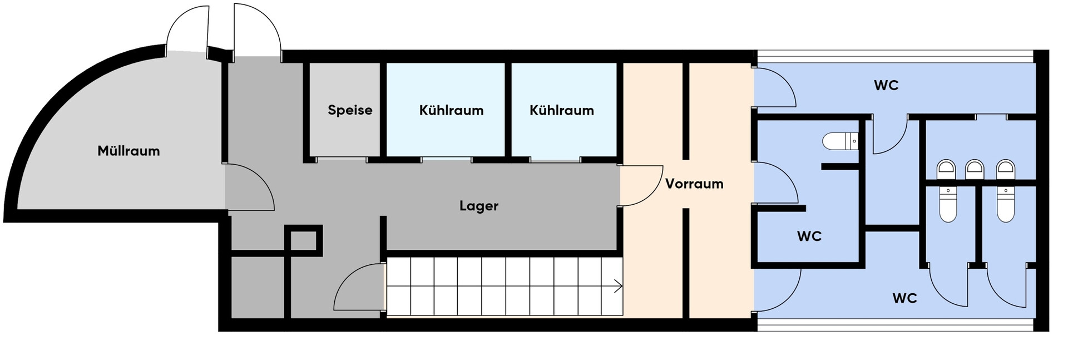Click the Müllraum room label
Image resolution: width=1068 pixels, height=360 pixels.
[128, 151]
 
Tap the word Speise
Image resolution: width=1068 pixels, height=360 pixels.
[350, 110]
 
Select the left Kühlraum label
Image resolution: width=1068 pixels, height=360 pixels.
[451, 110]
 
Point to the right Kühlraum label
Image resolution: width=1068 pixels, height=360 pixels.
[561, 110]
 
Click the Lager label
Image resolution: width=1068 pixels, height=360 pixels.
[478, 206]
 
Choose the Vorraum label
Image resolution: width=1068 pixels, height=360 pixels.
[694, 184]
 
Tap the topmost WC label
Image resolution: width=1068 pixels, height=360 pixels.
[886, 85]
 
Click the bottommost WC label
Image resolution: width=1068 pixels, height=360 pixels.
[904, 298]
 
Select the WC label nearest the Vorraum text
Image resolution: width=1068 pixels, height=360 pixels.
[809, 236]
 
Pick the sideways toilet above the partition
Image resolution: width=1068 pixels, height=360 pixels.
[840, 141]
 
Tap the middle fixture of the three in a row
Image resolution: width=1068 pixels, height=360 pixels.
[975, 169]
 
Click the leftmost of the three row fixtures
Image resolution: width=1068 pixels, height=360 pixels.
[946, 169]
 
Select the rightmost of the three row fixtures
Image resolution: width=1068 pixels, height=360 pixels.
[1006, 169]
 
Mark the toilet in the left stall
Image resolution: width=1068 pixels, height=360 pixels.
[948, 204]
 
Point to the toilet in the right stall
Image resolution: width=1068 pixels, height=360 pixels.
[1006, 204]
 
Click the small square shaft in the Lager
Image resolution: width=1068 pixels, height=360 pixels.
[304, 240]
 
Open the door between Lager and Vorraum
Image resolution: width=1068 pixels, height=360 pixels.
[641, 185]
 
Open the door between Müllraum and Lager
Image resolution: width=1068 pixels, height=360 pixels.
[250, 187]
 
